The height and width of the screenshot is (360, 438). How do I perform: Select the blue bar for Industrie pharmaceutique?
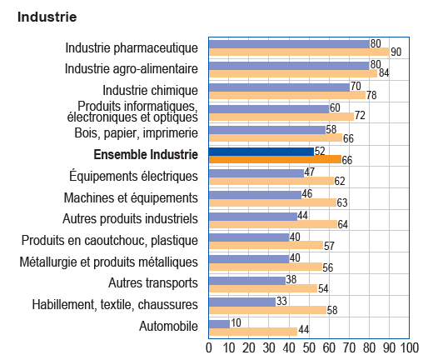[288, 43]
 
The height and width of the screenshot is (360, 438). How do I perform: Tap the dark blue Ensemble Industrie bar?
[260, 151]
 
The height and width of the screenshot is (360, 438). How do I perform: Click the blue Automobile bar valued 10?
[218, 323]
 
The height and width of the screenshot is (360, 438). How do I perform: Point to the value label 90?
[396, 52]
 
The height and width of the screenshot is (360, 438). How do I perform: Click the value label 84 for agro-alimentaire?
[384, 73]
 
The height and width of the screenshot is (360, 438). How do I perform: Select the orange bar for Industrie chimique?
[286, 95]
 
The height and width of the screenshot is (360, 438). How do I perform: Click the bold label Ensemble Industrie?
[146, 154]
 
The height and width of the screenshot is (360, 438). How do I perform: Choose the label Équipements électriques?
[134, 176]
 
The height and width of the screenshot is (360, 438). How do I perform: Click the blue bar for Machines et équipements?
[254, 194]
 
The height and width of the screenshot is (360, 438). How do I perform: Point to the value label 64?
[344, 224]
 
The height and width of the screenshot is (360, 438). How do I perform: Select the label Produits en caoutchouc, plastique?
[110, 241]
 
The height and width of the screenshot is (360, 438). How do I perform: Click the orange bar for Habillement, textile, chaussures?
[266, 310]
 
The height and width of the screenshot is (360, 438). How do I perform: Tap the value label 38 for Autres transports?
[291, 280]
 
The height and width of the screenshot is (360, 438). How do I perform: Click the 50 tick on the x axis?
[308, 347]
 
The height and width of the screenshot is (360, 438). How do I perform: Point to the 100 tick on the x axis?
[408, 347]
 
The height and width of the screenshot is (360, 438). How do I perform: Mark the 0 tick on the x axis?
[208, 347]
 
